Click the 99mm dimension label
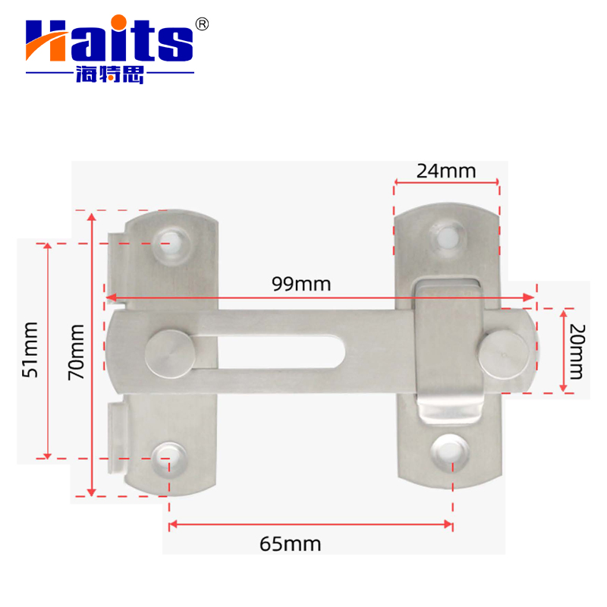coord(302,284)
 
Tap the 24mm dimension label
coord(446,171)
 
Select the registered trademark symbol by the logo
coord(202,24)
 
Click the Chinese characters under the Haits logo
coord(110,75)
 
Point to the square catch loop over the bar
coord(448,349)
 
